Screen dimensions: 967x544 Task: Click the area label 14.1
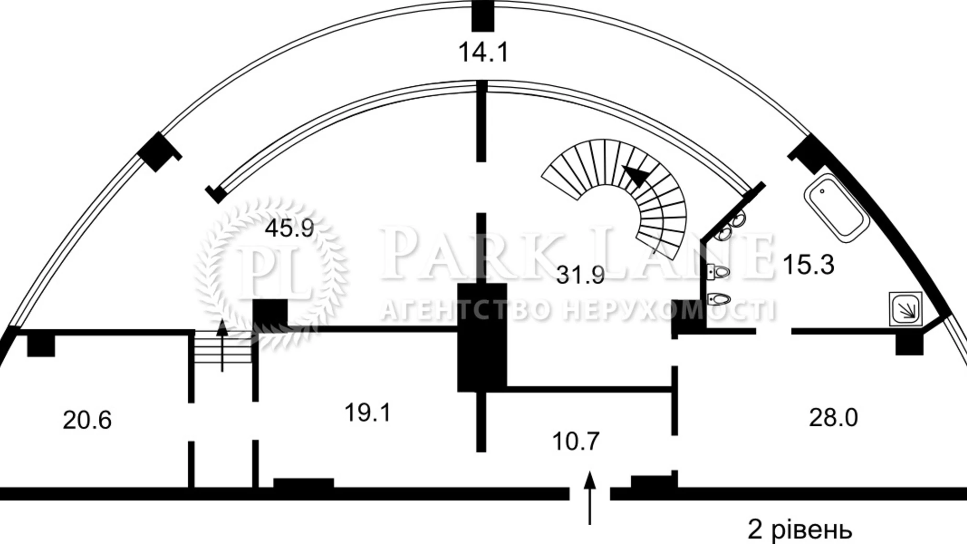[x=483, y=52]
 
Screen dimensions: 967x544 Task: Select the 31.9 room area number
[x=580, y=275]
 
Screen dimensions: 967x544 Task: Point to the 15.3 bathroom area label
[x=808, y=265]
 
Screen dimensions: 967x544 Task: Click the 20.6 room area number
[x=87, y=420]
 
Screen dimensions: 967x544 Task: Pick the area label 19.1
[x=368, y=413]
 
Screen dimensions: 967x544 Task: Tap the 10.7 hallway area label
[x=576, y=441]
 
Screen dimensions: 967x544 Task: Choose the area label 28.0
[x=834, y=417]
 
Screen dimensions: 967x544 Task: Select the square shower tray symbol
[x=906, y=309]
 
